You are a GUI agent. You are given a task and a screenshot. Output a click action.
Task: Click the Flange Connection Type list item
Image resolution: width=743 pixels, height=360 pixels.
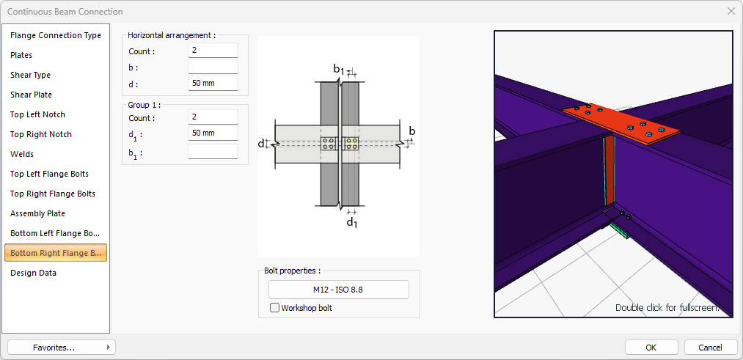pyautogui.click(x=56, y=35)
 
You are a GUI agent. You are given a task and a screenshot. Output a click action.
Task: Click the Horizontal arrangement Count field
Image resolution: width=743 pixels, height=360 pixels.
pyautogui.click(x=213, y=51)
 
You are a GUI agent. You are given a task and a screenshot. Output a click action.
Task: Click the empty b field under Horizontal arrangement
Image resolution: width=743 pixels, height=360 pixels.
pyautogui.click(x=213, y=67)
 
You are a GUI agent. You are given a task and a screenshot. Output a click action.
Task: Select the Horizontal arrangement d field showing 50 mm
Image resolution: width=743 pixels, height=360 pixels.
pyautogui.click(x=213, y=83)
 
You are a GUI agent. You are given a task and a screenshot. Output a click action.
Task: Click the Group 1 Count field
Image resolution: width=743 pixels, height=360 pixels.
pyautogui.click(x=213, y=117)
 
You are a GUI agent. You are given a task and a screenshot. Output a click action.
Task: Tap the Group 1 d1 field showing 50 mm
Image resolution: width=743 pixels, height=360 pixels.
pyautogui.click(x=213, y=133)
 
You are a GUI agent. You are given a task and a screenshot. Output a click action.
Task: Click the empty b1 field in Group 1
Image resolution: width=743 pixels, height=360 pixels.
pyautogui.click(x=213, y=152)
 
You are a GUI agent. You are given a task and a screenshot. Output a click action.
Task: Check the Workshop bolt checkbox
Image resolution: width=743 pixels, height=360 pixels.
pyautogui.click(x=275, y=308)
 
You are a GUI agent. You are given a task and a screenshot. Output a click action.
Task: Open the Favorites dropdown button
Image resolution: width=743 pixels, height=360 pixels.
pyautogui.click(x=62, y=347)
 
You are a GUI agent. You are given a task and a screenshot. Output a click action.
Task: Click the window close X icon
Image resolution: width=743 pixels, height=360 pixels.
pyautogui.click(x=731, y=11)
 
